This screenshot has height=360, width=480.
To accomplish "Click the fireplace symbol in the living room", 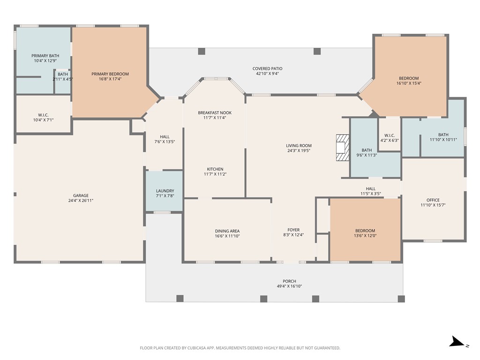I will click(x=343, y=148).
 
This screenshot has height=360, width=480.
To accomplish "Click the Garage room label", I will click(x=81, y=195).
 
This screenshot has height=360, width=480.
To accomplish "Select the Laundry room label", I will click(x=165, y=191).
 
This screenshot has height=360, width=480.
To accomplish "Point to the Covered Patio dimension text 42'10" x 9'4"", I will click(x=267, y=74).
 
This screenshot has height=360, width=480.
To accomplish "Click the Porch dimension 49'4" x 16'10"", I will click(x=289, y=286).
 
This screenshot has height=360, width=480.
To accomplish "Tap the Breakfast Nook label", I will click(x=215, y=112).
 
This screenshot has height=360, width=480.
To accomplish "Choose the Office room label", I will click(x=433, y=200).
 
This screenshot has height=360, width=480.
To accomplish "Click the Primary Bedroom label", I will click(x=110, y=74).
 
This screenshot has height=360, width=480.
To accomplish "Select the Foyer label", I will click(x=294, y=230).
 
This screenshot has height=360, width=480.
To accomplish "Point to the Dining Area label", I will click(x=227, y=231).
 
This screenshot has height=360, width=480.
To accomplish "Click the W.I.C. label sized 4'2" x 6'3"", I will click(x=390, y=135).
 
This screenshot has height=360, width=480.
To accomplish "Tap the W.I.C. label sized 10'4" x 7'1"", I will click(x=43, y=115).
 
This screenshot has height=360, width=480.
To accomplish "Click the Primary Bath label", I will click(x=45, y=56).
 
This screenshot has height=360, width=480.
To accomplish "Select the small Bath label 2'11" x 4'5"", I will click(x=63, y=74).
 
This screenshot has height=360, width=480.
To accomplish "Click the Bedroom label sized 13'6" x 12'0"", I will click(x=365, y=231).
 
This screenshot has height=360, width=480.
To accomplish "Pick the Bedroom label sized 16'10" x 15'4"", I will click(x=409, y=78).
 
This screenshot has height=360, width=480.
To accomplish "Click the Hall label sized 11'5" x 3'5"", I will click(x=371, y=188).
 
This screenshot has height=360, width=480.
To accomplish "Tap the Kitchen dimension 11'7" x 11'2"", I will click(x=215, y=174).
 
